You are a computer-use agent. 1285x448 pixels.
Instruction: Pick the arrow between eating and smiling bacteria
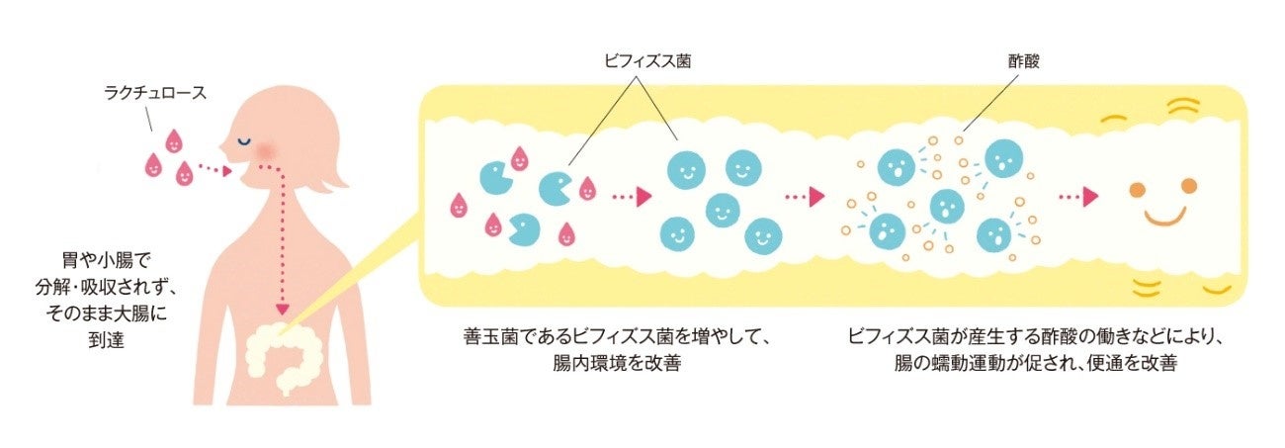[633, 197]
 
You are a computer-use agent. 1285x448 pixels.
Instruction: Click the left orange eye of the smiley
[1137, 186]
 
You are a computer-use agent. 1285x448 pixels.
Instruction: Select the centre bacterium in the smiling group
[723, 209]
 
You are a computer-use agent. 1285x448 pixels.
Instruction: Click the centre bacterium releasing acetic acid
[946, 208]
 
